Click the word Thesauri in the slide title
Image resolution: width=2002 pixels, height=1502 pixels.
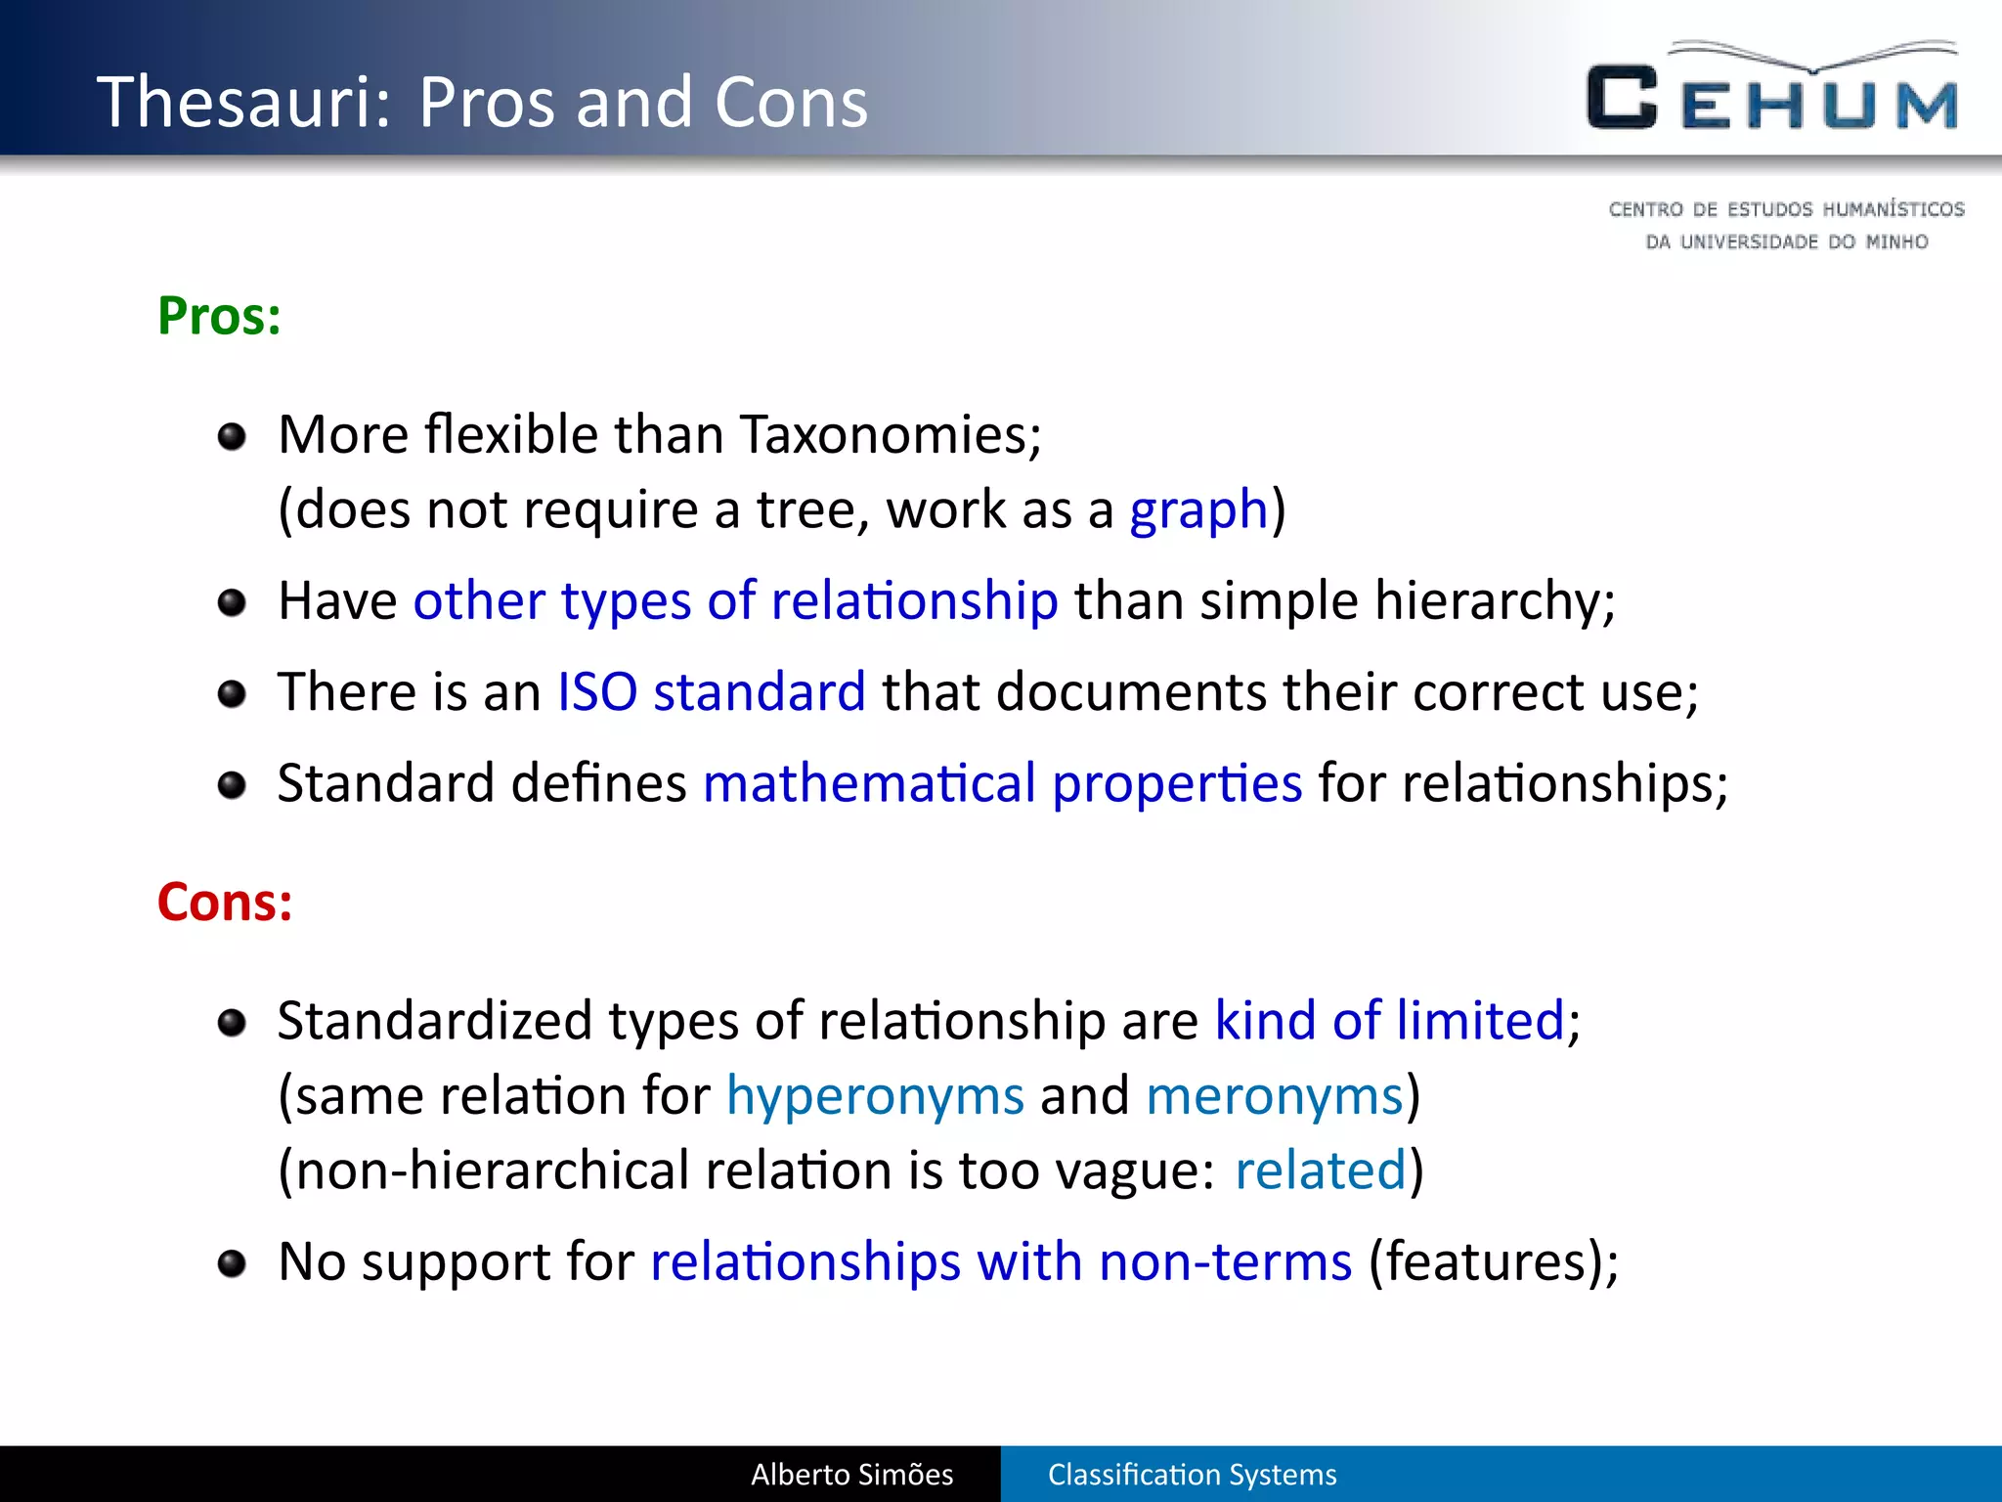click(244, 102)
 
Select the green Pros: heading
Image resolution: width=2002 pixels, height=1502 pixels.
click(219, 316)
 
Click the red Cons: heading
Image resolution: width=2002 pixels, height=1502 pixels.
click(225, 902)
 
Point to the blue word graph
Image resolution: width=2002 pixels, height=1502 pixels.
click(1198, 510)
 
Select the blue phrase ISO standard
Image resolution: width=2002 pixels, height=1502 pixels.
click(712, 692)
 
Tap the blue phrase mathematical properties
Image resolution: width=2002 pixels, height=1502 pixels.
click(1002, 783)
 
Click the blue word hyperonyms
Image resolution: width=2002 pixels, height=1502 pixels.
click(875, 1096)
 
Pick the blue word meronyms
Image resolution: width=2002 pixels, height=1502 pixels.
click(1275, 1096)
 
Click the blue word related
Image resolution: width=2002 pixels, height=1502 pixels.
click(1320, 1171)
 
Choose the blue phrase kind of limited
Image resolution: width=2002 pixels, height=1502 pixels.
click(1389, 1021)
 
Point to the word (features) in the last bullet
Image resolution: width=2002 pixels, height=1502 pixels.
click(1485, 1261)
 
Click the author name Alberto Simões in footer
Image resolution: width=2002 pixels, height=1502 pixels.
click(851, 1475)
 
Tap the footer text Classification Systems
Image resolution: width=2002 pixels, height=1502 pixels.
click(1192, 1475)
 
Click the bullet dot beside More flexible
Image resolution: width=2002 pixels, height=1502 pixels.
click(232, 436)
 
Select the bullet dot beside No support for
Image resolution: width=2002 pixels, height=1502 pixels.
click(232, 1263)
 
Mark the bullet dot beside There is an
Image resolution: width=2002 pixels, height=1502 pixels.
click(232, 694)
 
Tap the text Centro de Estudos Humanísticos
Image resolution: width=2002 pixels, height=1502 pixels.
click(1786, 209)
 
